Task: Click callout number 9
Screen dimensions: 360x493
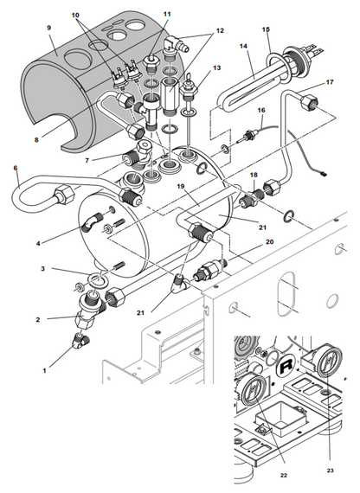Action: coord(48,28)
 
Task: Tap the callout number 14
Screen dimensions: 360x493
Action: coord(243,46)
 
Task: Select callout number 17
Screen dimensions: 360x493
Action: coord(330,82)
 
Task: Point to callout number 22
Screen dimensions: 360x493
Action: coord(284,476)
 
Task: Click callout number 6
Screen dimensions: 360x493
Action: coord(16,168)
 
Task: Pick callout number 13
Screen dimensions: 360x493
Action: coord(217,67)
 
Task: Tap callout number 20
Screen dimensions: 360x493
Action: coord(270,241)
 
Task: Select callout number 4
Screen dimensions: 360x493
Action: coord(38,243)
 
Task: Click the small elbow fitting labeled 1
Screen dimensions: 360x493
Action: coord(80,341)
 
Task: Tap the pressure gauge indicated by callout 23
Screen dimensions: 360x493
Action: coord(329,362)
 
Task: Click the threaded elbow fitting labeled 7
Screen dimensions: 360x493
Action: coord(138,153)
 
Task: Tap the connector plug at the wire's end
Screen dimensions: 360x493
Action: coord(323,172)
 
